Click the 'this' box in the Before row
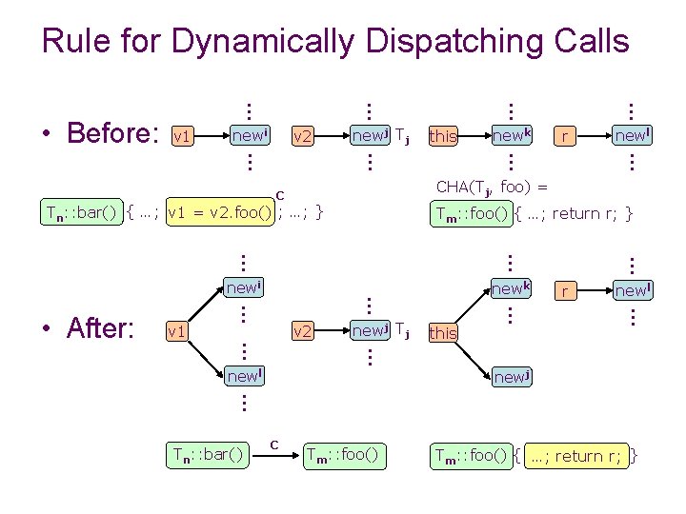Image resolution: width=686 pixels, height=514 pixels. (443, 136)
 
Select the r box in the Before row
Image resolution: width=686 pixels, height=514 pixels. (566, 136)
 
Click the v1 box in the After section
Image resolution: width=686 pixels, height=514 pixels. (175, 331)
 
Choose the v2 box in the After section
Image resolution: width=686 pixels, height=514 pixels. (302, 331)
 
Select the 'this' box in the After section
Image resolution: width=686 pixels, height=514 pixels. (443, 332)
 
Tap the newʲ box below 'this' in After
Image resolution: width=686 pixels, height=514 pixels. (511, 377)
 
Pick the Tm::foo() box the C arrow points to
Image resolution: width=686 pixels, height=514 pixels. (344, 456)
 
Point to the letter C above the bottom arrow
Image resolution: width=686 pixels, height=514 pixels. (273, 443)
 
